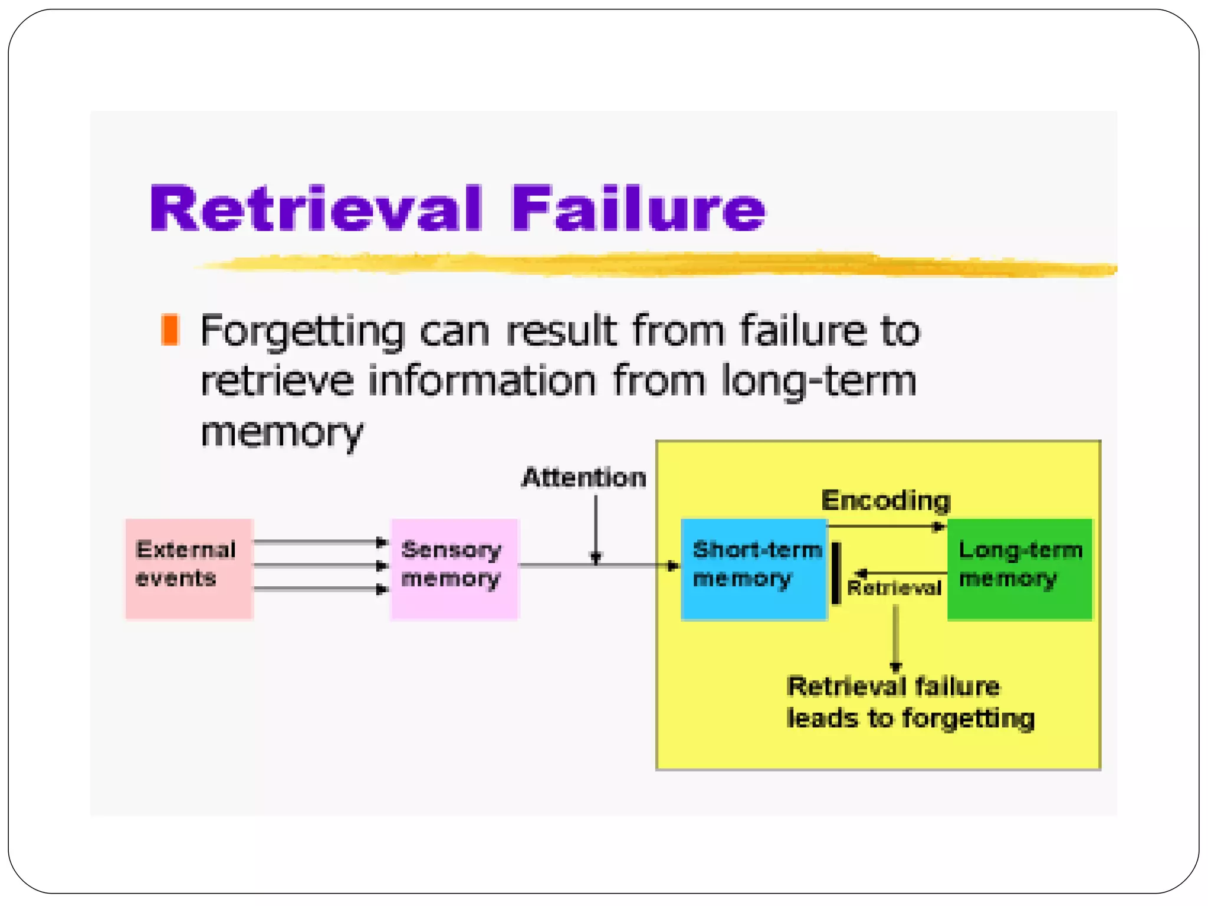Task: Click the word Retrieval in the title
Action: pos(317,209)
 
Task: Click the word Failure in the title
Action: pos(638,209)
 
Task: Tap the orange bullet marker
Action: pos(170,330)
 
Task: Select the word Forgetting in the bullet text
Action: pos(302,331)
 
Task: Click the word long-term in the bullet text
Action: pos(819,380)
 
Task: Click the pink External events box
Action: pos(189,569)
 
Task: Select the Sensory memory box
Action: pos(454,569)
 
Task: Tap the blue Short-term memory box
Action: pos(754,569)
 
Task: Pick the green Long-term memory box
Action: pos(1019,569)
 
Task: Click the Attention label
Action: pos(584,478)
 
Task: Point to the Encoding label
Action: pos(886,501)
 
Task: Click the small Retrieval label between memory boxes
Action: pos(894,588)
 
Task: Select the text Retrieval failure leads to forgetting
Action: pos(910,703)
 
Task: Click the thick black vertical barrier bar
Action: pos(836,573)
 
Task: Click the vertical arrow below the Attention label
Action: pos(596,528)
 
